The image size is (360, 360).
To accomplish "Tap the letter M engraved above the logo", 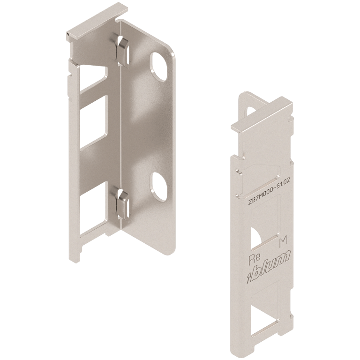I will click(283, 242).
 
